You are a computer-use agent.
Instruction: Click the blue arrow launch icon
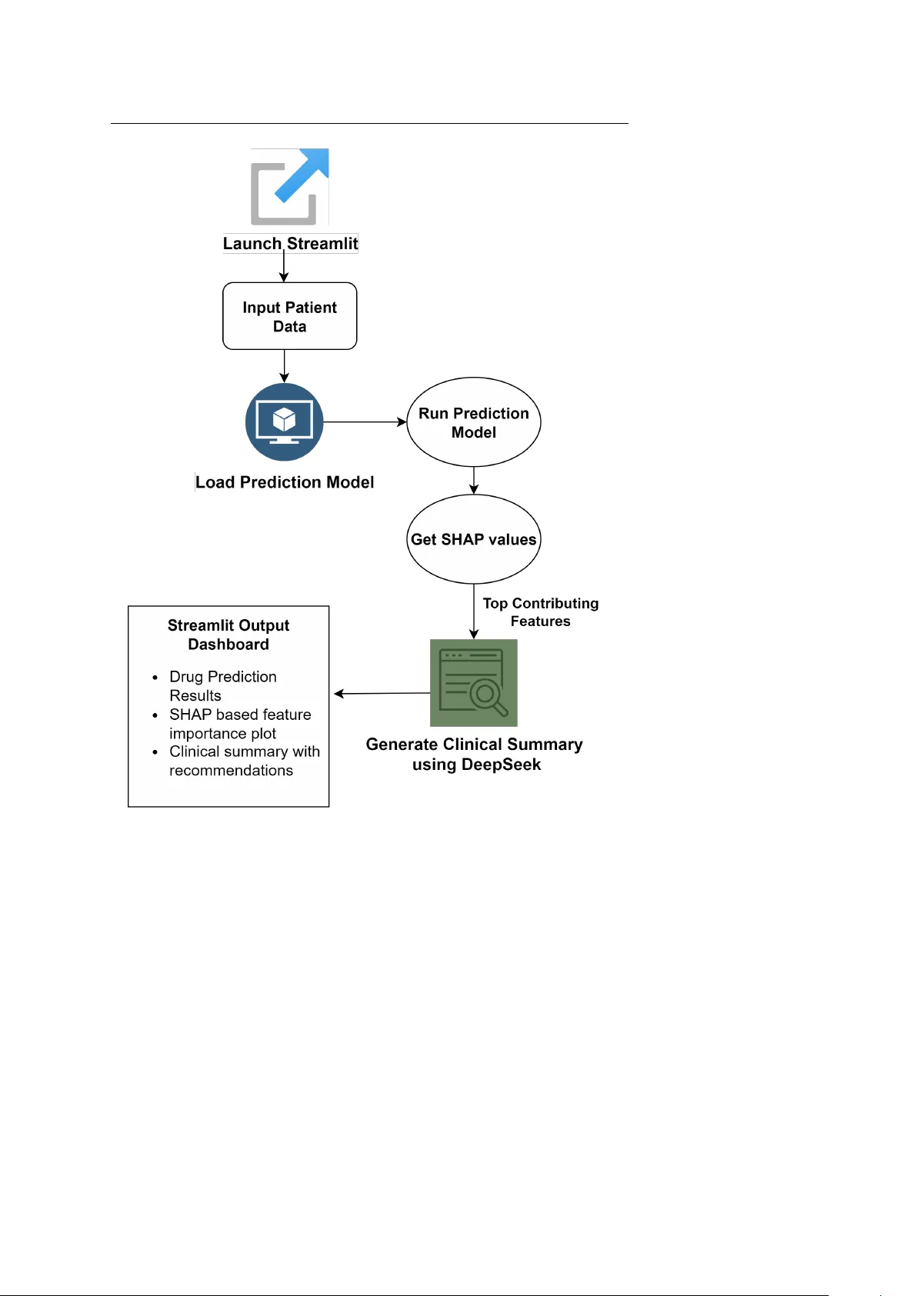(290, 186)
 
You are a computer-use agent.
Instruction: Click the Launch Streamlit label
(290, 244)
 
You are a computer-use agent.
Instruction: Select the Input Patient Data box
(289, 316)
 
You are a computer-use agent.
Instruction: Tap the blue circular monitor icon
(284, 422)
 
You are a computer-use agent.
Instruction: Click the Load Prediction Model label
(285, 482)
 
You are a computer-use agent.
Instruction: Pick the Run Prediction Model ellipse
(473, 422)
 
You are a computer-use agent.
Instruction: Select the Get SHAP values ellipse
(473, 539)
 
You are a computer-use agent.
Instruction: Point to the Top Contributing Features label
(540, 612)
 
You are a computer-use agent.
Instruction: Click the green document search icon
(473, 683)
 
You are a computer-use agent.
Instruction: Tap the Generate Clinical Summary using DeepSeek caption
(474, 754)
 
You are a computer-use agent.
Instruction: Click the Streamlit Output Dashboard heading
(228, 635)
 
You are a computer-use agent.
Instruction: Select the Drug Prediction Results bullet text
(222, 686)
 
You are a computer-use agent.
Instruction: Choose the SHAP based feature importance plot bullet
(239, 724)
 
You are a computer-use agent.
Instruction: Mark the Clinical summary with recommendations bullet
(244, 761)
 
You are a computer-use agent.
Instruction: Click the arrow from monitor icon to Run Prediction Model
(365, 422)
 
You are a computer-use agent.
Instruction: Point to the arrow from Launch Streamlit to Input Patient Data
(284, 267)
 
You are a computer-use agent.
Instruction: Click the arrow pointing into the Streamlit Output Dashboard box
(381, 694)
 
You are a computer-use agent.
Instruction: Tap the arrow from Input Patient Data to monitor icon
(285, 366)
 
